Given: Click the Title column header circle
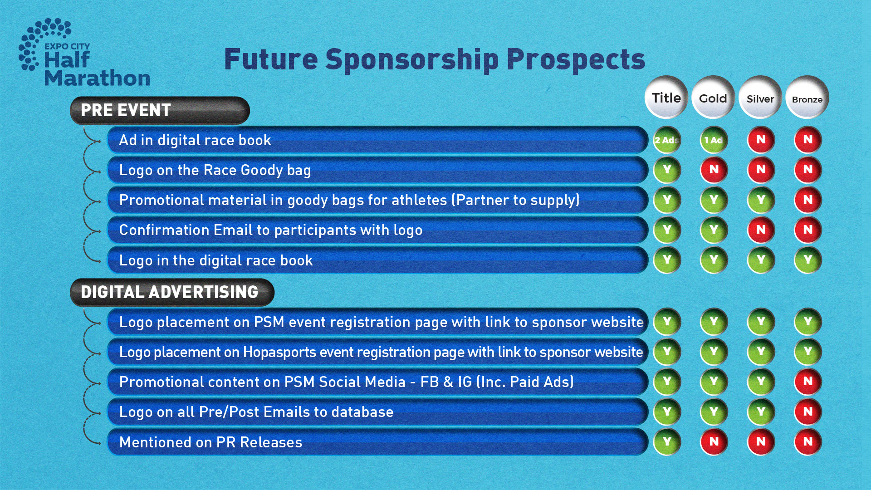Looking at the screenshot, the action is [x=666, y=98].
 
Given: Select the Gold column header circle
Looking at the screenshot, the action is [x=713, y=98].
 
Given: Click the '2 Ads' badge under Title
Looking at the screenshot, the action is [x=667, y=140].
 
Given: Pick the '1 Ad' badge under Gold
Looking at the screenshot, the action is [x=714, y=140].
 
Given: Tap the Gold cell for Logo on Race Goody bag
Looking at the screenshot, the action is [x=714, y=170].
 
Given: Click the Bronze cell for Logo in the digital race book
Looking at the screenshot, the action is [x=808, y=260].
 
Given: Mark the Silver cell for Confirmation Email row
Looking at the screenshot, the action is [x=761, y=230].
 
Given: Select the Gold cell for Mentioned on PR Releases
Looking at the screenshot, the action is [x=714, y=441].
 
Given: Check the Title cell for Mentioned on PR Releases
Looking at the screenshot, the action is [x=667, y=441].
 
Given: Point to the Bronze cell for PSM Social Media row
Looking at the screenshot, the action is [x=808, y=382].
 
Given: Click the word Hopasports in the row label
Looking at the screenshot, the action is [x=279, y=353].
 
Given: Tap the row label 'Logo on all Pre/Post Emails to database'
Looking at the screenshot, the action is [x=256, y=412].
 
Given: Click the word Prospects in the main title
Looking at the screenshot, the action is [x=576, y=60].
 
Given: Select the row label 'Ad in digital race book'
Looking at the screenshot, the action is [x=195, y=140].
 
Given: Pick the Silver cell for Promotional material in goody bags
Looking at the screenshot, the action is [x=761, y=200].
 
